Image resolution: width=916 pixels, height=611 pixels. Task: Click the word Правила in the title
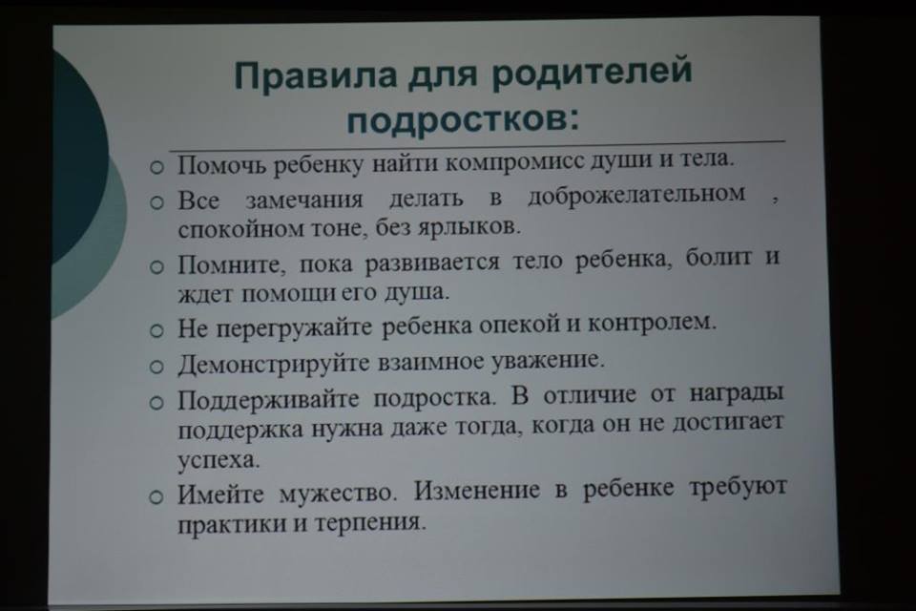tap(316, 74)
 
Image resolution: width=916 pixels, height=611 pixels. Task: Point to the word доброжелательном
tap(636, 196)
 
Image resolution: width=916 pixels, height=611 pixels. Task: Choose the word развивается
tap(433, 263)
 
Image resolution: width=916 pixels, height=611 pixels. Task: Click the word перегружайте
tap(294, 328)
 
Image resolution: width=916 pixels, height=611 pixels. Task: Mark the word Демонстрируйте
tap(274, 365)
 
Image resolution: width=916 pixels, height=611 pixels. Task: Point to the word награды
tap(736, 393)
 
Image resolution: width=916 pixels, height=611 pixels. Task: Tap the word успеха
tap(219, 460)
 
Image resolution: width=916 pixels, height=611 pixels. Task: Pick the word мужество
tap(338, 493)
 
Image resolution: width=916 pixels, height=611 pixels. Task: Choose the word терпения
tap(370, 521)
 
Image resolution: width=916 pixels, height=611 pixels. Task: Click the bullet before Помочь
tap(156, 168)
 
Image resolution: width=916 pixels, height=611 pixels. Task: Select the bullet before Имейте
tap(156, 497)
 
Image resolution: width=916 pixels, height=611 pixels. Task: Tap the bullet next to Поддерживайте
tap(156, 403)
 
